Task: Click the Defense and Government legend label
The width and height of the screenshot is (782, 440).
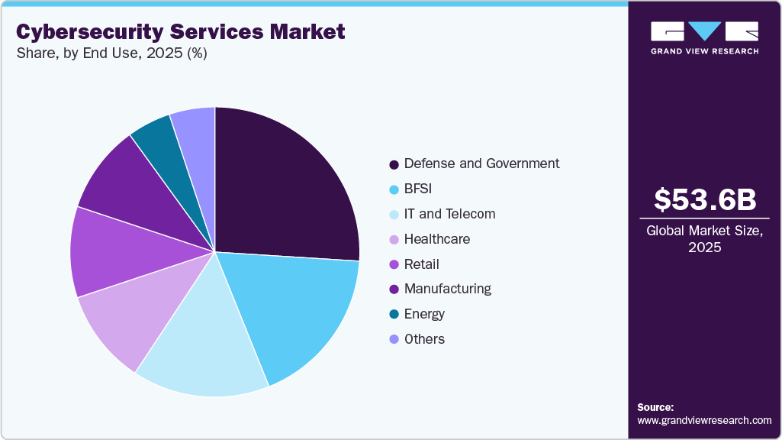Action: tap(481, 163)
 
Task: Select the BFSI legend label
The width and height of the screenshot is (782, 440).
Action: tap(418, 189)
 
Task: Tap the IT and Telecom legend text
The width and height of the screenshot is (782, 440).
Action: tap(449, 214)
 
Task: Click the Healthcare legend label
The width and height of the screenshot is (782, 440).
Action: tap(436, 239)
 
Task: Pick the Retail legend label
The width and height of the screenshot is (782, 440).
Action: tap(421, 264)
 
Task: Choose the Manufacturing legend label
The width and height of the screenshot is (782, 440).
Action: tap(447, 289)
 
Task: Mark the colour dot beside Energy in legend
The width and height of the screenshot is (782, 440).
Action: tap(394, 315)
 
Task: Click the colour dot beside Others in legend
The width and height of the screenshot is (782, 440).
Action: tap(394, 340)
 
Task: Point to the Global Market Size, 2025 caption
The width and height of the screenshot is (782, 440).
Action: tap(705, 239)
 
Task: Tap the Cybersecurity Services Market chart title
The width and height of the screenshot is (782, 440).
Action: tap(181, 32)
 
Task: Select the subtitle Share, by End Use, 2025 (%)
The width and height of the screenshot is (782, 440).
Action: tap(111, 53)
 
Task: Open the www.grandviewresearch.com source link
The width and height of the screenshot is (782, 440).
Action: tap(704, 420)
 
